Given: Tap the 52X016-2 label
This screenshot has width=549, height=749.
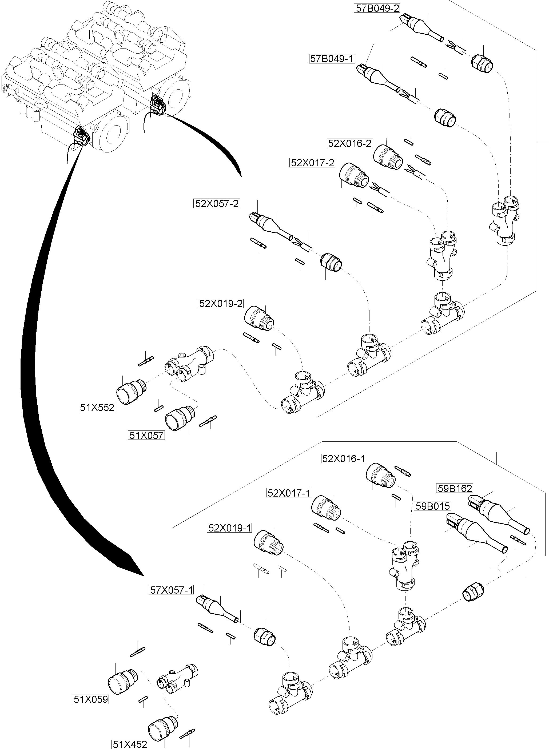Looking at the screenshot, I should pos(350,143).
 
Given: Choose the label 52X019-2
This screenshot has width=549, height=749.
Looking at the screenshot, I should pos(221,303).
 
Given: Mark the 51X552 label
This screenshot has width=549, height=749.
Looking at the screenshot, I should pos(97,407).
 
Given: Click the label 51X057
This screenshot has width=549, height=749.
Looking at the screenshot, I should pos(146,435).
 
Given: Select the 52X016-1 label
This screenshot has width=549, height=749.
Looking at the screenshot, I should pos(344,458).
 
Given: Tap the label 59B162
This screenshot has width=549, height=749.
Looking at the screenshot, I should pos(454,488).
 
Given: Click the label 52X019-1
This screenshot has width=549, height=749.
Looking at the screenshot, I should pos(230,527).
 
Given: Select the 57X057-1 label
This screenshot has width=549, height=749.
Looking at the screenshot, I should pos(171,590).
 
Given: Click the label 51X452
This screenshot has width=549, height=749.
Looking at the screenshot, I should pos(130,744).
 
